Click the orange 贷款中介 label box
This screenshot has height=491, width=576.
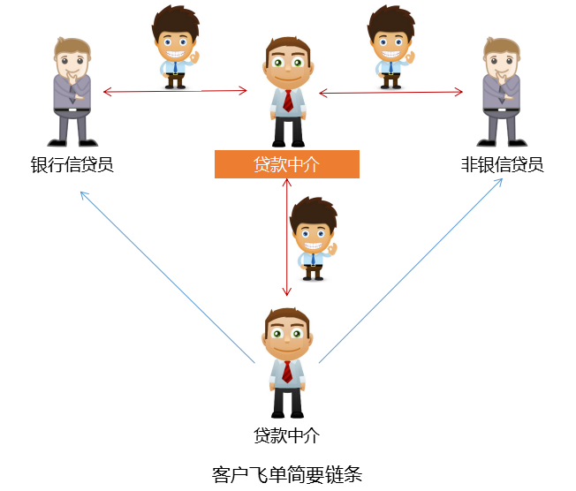[287, 164]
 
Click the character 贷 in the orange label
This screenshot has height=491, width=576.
[262, 164]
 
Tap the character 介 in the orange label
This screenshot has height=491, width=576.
[311, 164]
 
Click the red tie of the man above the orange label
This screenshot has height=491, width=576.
[288, 99]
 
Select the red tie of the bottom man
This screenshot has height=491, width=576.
[287, 370]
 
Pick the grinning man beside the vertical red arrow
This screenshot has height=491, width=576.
[313, 237]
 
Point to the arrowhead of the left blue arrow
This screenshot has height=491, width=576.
[82, 193]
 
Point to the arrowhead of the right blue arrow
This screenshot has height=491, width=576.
[500, 181]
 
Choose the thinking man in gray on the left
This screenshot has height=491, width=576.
[72, 92]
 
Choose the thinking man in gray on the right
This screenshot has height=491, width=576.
[502, 92]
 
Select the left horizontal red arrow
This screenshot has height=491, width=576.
[175, 91]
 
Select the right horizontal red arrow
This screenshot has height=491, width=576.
[390, 92]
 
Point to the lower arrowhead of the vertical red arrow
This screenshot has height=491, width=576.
[286, 291]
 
